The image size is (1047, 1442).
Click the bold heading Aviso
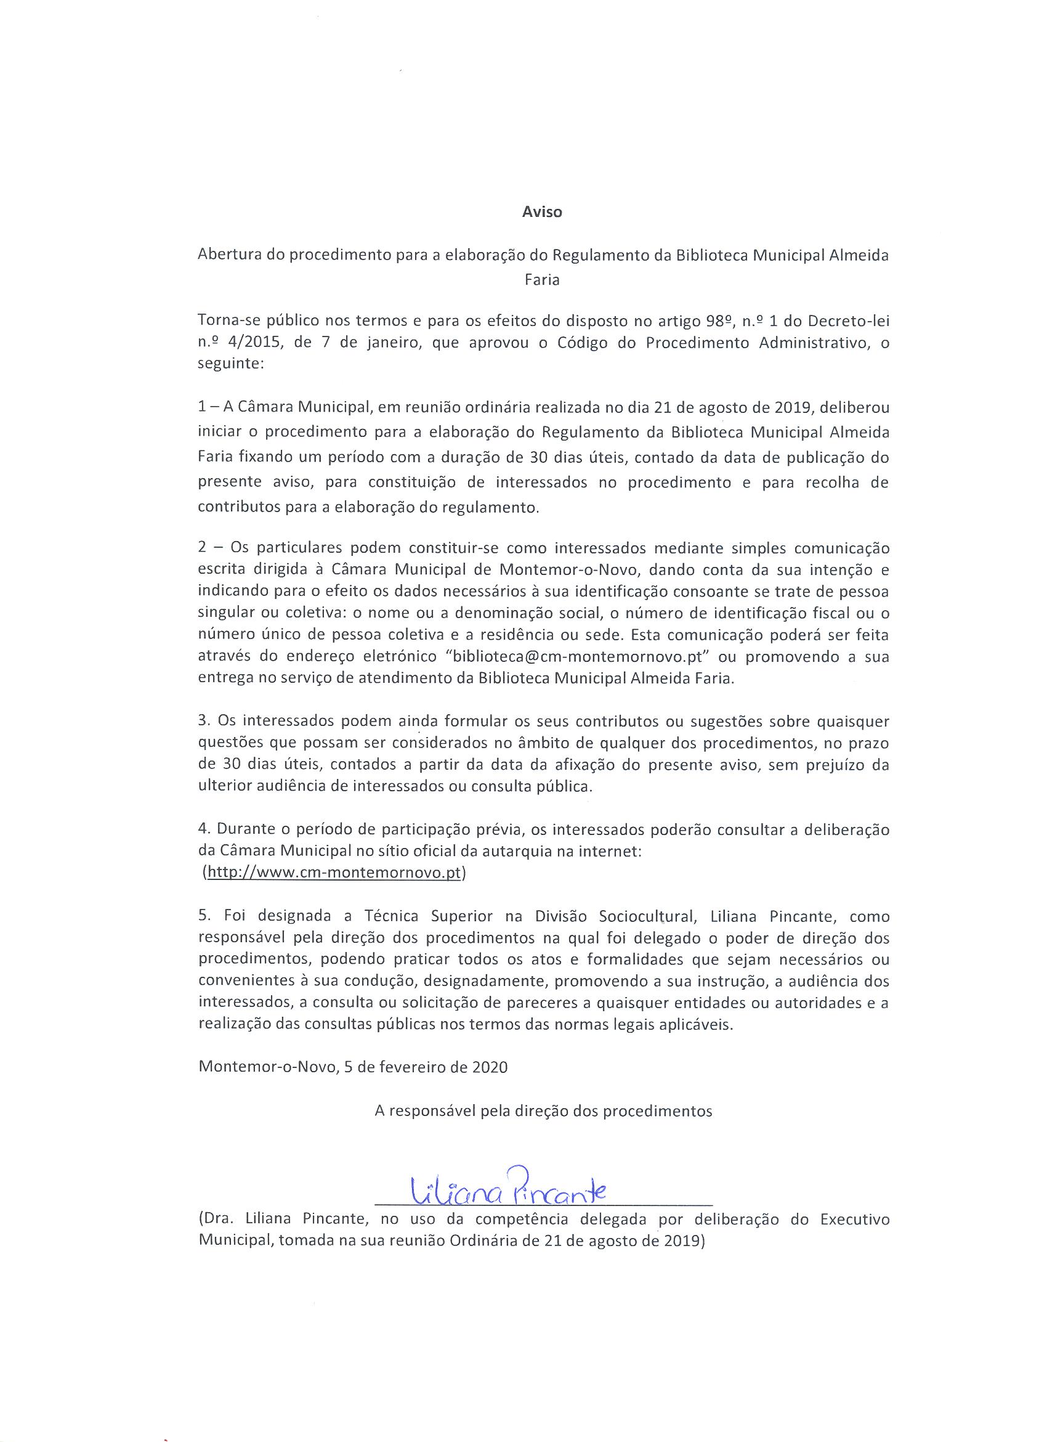click(x=542, y=213)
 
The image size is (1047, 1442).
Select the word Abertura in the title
click(x=225, y=256)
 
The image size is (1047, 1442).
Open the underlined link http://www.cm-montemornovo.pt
click(x=334, y=873)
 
